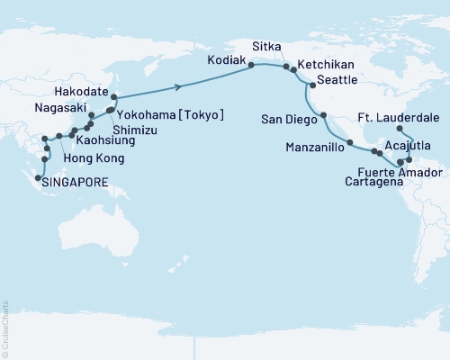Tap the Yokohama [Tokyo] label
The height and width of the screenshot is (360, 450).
click(171, 114)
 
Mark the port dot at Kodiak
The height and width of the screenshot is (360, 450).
click(251, 65)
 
